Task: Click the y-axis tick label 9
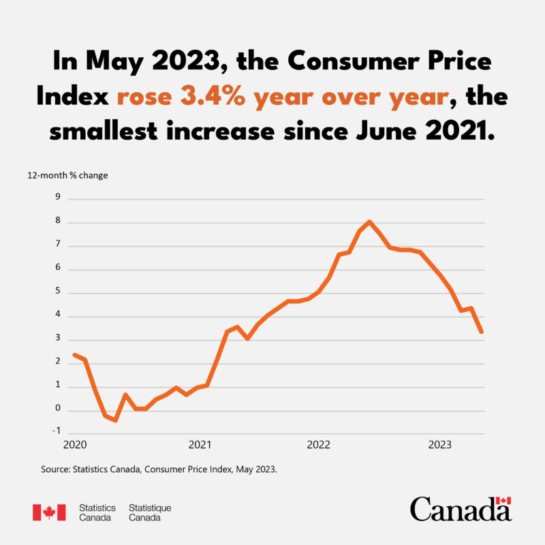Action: coord(58,198)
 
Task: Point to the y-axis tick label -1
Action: coord(56,431)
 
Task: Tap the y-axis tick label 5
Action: coord(58,292)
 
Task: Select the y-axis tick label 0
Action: coord(58,409)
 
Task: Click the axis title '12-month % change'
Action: coord(67,175)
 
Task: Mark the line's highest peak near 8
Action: coord(369,221)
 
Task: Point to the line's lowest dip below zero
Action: coord(116,420)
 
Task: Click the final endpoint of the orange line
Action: coord(482,332)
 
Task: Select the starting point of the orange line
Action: coord(74,354)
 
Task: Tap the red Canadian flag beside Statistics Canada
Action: coord(49,512)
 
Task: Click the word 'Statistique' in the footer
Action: coord(150,508)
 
